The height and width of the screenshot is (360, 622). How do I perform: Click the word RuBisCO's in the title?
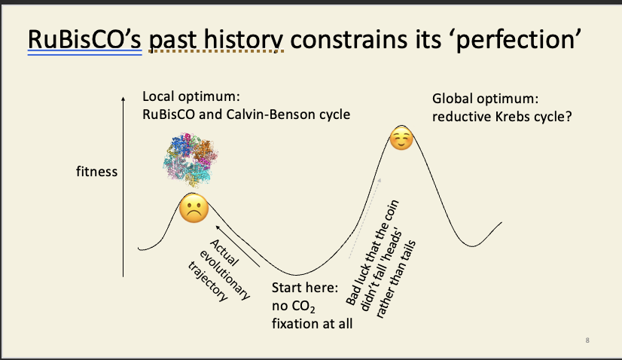pyautogui.click(x=84, y=39)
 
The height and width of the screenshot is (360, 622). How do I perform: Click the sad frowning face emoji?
pyautogui.click(x=194, y=209)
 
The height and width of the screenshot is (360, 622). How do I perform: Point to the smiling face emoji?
pyautogui.click(x=401, y=138)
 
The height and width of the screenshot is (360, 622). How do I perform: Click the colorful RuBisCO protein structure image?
pyautogui.click(x=191, y=160)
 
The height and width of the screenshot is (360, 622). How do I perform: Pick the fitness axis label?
pyautogui.click(x=97, y=172)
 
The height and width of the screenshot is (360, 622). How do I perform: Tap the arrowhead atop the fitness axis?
pyautogui.click(x=123, y=99)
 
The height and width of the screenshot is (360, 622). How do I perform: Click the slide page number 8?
pyautogui.click(x=587, y=340)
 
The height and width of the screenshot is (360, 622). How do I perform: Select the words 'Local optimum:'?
pyautogui.click(x=191, y=96)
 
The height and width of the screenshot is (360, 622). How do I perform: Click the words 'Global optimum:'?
pyautogui.click(x=485, y=99)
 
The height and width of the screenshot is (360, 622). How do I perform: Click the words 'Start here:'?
pyautogui.click(x=305, y=288)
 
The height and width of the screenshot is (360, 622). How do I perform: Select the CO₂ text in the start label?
pyautogui.click(x=303, y=307)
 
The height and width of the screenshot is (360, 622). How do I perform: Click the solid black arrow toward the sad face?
pyautogui.click(x=238, y=246)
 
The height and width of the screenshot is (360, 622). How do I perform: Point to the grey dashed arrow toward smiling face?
pyautogui.click(x=365, y=218)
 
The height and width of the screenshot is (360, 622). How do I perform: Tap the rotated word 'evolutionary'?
pyautogui.click(x=225, y=275)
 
